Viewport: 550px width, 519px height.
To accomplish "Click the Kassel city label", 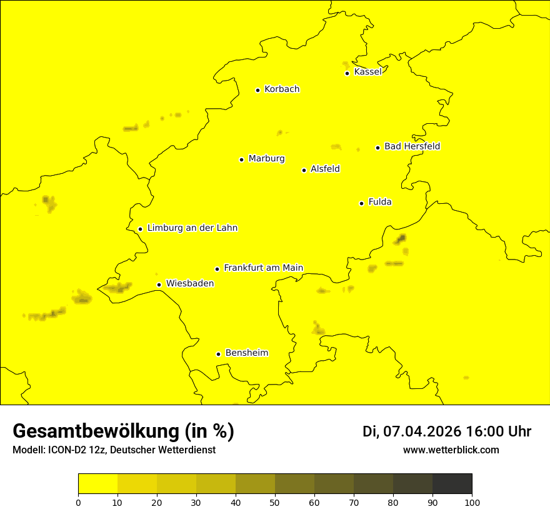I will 367,72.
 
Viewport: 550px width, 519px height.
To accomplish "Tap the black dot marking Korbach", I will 257,90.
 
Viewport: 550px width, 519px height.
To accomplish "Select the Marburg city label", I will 266,159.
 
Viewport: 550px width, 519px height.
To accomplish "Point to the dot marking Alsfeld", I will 304,170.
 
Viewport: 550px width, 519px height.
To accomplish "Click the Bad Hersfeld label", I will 412,146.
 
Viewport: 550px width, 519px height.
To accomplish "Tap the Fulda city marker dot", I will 361,203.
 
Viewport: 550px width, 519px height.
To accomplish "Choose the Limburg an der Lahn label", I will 192,228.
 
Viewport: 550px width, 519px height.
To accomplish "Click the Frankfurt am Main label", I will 263,268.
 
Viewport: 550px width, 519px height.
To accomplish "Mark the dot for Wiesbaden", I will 159,285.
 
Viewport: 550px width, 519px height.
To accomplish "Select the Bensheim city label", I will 246,353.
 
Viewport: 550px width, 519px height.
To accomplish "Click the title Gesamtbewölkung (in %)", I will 123,431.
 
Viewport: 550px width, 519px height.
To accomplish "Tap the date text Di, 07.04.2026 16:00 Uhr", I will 447,431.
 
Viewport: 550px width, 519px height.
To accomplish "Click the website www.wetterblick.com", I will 451,450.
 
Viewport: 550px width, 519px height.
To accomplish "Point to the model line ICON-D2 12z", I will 114,450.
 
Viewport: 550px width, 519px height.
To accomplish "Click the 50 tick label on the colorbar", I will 275,502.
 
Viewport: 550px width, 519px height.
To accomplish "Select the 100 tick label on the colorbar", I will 472,502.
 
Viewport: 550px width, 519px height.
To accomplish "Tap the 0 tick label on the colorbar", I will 78,502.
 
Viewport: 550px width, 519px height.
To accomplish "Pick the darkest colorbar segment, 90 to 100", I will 452,484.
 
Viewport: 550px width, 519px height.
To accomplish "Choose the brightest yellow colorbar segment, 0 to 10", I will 97,484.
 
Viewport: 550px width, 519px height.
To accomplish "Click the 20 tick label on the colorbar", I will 157,502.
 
